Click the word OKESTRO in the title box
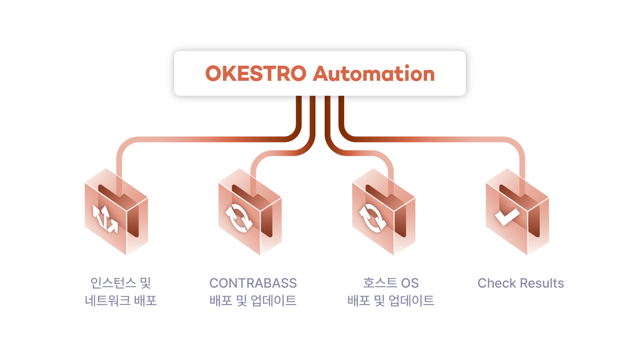(256, 74)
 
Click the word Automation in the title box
(374, 74)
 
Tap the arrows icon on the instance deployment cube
(105, 219)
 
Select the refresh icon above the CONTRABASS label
(239, 218)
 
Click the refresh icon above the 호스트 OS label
(373, 218)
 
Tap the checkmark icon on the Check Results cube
(507, 217)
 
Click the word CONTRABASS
(253, 283)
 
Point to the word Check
(497, 283)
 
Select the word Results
(542, 283)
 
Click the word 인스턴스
(113, 283)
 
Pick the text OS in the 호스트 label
(409, 283)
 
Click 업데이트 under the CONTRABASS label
(274, 301)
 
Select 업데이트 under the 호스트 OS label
(411, 301)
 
